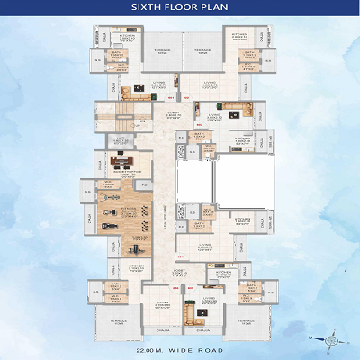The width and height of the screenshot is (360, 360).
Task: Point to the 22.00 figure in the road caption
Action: pos(145,340)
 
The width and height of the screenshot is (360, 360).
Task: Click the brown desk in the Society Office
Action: pos(121,162)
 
